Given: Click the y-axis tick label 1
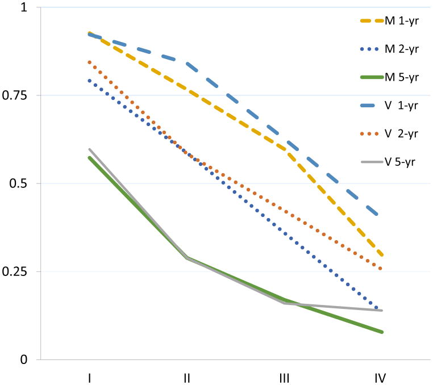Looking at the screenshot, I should [24, 7].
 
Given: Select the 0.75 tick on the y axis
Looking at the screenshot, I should [18, 95].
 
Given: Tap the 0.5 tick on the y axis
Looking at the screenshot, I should [20, 183].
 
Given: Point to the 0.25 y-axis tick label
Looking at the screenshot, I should [18, 271].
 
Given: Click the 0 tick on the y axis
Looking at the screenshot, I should [24, 359].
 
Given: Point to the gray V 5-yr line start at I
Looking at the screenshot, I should [89, 149].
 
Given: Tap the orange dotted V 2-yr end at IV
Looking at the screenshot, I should [381, 269].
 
